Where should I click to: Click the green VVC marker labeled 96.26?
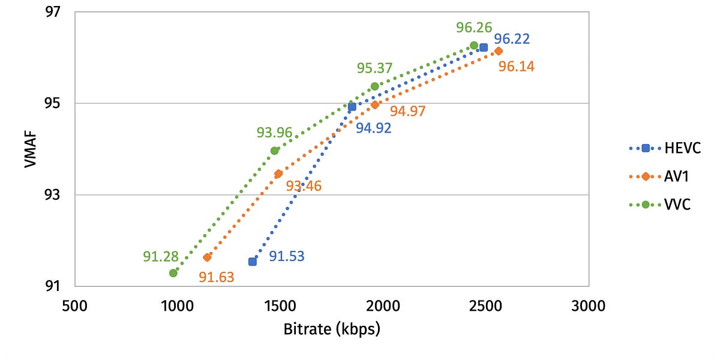click(x=474, y=46)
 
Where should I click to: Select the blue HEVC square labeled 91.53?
click(x=253, y=262)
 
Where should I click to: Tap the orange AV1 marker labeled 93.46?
click(x=278, y=174)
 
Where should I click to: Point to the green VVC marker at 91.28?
click(x=173, y=273)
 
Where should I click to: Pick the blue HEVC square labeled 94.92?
click(x=352, y=107)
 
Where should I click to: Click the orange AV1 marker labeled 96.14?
click(x=499, y=51)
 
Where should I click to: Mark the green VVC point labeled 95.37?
click(x=375, y=86)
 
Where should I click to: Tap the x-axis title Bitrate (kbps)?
click(x=333, y=329)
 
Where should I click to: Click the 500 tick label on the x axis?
click(x=74, y=307)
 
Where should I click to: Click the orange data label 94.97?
click(x=407, y=111)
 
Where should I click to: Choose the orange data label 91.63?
click(x=217, y=277)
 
